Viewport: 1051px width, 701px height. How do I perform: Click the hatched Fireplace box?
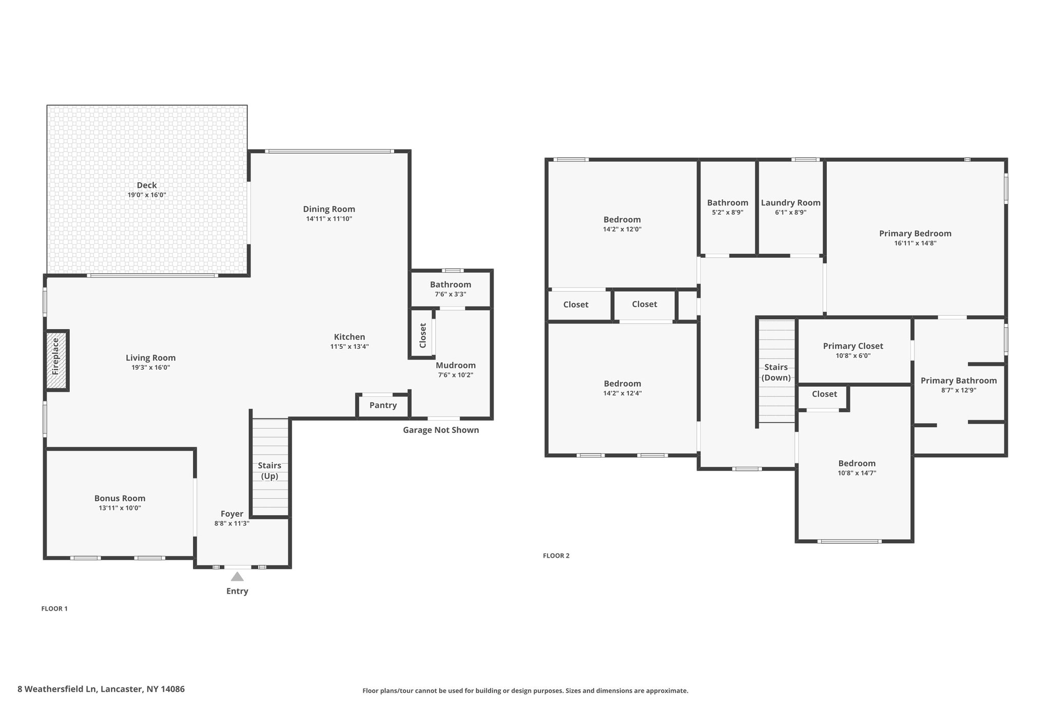(56, 360)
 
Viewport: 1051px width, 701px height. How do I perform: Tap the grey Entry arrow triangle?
(237, 576)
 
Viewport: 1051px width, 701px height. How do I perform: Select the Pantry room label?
(383, 405)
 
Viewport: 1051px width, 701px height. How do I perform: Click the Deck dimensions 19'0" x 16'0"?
(147, 195)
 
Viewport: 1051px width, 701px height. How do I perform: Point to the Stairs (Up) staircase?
(270, 467)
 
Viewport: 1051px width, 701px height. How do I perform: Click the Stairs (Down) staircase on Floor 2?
(776, 371)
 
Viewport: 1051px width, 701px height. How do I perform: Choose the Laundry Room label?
(790, 203)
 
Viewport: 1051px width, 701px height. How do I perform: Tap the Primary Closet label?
(853, 346)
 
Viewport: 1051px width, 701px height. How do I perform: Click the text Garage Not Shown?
(440, 430)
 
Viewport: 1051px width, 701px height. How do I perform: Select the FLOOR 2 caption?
(556, 556)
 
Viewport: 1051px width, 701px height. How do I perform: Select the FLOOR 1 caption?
(54, 609)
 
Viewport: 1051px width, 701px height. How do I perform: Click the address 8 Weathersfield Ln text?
(101, 689)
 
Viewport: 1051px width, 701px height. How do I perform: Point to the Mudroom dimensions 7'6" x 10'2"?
(455, 375)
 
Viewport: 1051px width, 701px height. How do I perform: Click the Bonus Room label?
(120, 498)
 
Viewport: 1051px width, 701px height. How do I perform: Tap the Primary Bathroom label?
(958, 381)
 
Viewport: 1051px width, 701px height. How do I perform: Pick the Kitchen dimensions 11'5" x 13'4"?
(349, 347)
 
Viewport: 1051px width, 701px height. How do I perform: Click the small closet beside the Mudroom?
(422, 335)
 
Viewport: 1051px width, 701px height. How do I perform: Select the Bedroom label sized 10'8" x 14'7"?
(857, 463)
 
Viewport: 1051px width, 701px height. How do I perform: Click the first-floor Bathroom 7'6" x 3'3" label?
(450, 285)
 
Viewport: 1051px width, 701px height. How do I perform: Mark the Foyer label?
(232, 514)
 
